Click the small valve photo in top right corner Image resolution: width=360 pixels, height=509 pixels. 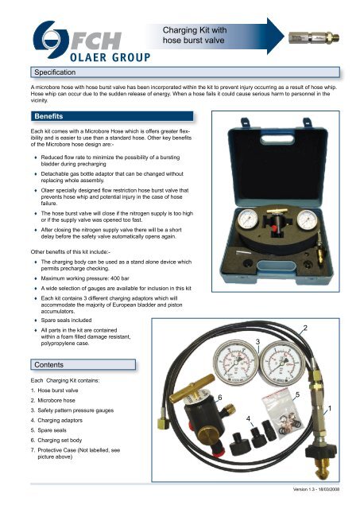click(x=327, y=37)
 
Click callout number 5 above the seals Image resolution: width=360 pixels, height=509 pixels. click(x=296, y=395)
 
